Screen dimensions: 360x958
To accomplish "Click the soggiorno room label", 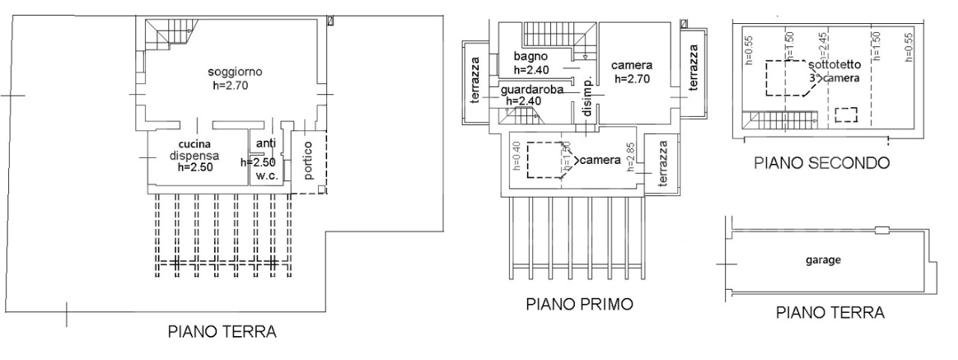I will pyautogui.click(x=235, y=72).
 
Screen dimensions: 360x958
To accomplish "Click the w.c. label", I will pyautogui.click(x=266, y=176).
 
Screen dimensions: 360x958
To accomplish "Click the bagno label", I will pyautogui.click(x=531, y=57).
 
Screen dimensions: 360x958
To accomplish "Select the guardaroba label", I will pyautogui.click(x=532, y=90).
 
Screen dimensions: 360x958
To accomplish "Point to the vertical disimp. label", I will pyautogui.click(x=588, y=97).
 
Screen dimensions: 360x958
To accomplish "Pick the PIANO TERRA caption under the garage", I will pyautogui.click(x=829, y=312).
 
